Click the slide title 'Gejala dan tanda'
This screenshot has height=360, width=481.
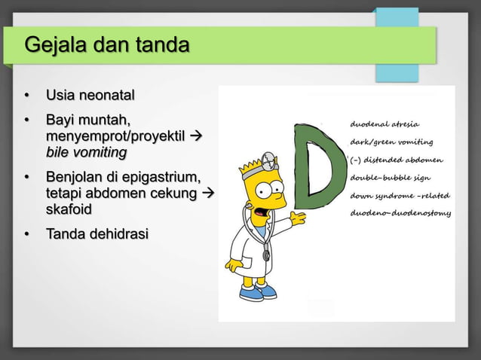click(106, 46)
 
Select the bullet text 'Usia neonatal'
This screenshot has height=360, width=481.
click(90, 96)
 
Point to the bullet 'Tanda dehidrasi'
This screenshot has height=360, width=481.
click(97, 235)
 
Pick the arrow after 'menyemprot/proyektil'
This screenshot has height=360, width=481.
click(199, 136)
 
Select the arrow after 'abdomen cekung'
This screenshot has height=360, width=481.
click(210, 194)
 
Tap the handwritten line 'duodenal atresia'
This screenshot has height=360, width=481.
click(385, 124)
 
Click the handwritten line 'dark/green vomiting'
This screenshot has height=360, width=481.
click(391, 142)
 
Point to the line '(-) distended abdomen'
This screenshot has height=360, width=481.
click(397, 160)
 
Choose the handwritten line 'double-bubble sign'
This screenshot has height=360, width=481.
click(391, 178)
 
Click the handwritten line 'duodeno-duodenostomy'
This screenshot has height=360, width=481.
click(400, 213)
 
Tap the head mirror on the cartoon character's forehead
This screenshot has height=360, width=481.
click(268, 161)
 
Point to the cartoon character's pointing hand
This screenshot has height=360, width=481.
click(299, 218)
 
